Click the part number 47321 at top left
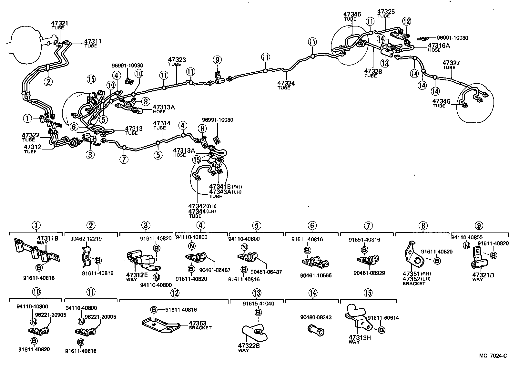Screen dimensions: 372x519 [60, 23]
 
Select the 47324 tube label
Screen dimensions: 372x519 [286, 83]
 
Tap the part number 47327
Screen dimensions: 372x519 [451, 63]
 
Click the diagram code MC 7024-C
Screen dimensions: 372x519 [493, 356]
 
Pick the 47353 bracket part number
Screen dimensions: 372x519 [197, 323]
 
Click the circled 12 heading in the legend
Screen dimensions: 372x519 [175, 293]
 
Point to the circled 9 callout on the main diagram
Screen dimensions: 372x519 [217, 60]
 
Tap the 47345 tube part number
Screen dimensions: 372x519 [352, 14]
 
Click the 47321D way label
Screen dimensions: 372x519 [483, 275]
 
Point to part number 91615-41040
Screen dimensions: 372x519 [259, 304]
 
